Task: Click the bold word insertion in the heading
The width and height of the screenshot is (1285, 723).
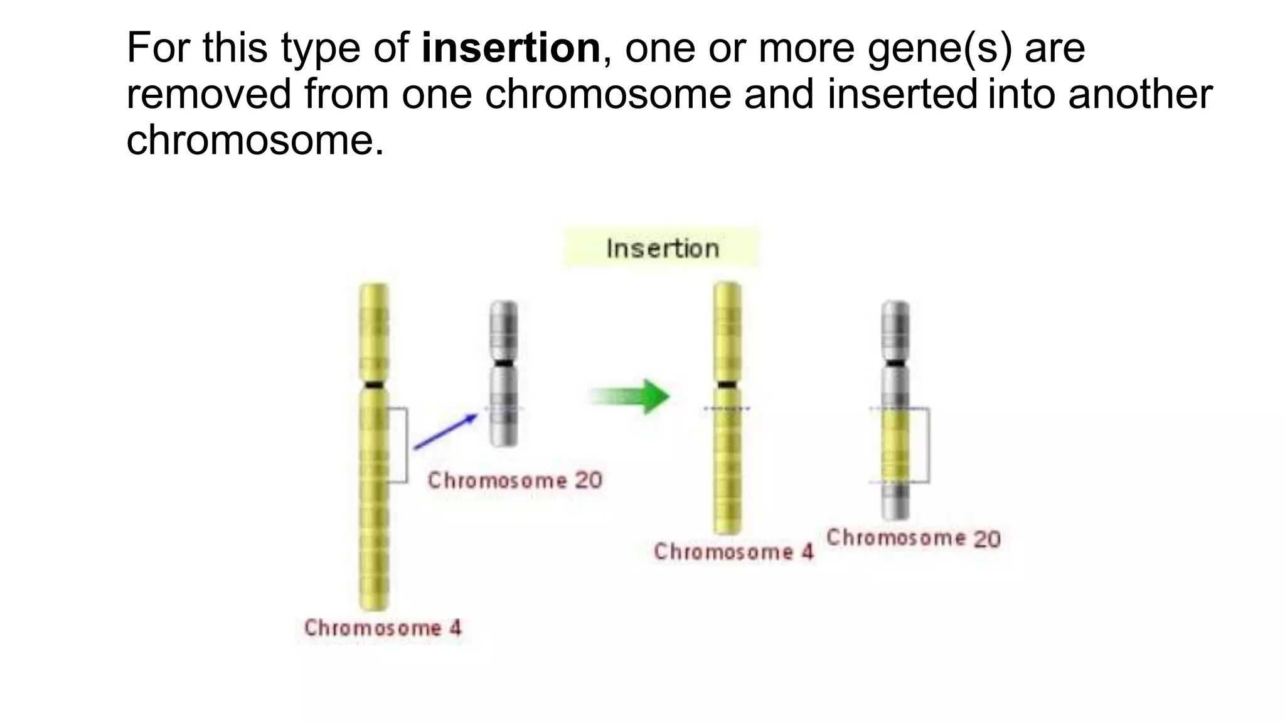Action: pyautogui.click(x=511, y=48)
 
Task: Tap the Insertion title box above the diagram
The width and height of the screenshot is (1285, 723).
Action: pyautogui.click(x=662, y=249)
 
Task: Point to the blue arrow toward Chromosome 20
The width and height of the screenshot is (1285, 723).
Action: pyautogui.click(x=446, y=431)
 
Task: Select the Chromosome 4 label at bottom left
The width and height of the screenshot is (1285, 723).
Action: pyautogui.click(x=383, y=628)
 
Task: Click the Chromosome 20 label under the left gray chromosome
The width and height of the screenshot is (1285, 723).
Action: pyautogui.click(x=515, y=481)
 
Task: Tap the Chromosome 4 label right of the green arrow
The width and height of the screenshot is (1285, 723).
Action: pyautogui.click(x=733, y=552)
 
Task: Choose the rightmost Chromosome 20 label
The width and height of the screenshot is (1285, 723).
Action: pyautogui.click(x=914, y=538)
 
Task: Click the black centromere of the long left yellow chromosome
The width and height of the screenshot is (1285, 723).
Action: pyautogui.click(x=374, y=385)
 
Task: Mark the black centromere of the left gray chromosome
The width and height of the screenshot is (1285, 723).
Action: pyautogui.click(x=503, y=363)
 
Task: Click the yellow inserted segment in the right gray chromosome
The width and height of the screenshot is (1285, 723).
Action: pyautogui.click(x=895, y=446)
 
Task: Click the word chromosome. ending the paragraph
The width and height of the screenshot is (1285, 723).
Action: pyautogui.click(x=255, y=139)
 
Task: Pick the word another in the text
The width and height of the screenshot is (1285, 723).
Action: pyautogui.click(x=1140, y=94)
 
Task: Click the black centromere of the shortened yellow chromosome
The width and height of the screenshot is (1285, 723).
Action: pyautogui.click(x=727, y=384)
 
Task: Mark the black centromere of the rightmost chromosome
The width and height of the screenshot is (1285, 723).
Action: pyautogui.click(x=895, y=363)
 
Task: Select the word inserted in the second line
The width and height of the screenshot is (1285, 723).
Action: pyautogui.click(x=902, y=94)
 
